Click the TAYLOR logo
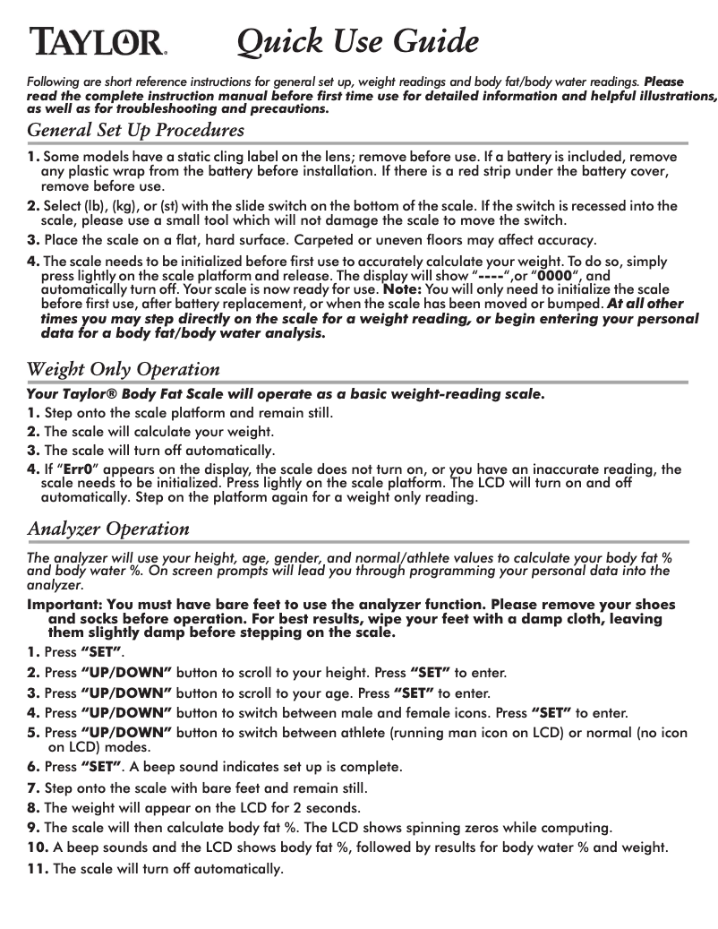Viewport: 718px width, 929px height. tap(98, 41)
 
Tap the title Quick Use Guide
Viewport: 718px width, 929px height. tap(356, 41)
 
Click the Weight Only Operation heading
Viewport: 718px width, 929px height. tap(124, 369)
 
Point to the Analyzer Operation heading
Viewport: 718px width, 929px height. tap(108, 529)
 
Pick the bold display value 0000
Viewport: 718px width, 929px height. tap(554, 276)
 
